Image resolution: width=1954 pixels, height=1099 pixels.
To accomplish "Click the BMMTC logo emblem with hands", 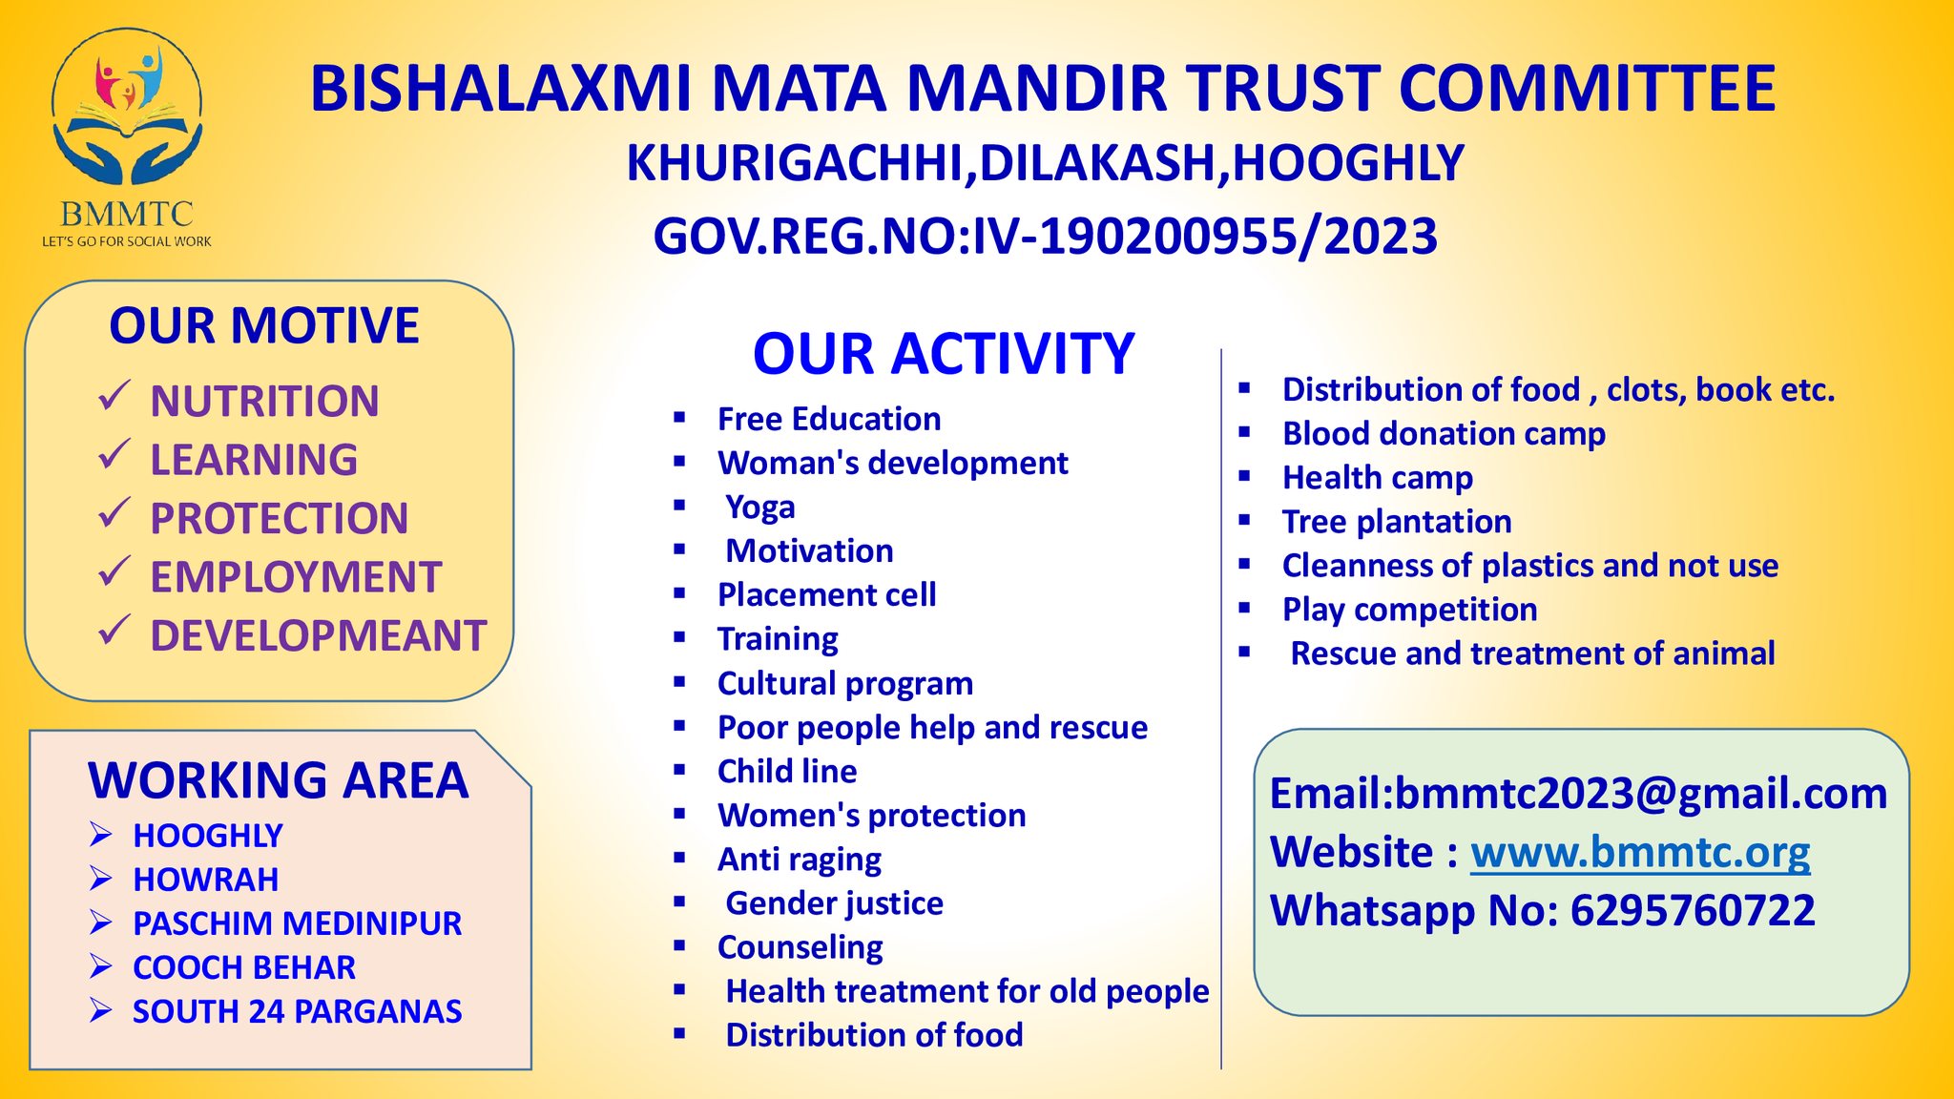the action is [x=127, y=107].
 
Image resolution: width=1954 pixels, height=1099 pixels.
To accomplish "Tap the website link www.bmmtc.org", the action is [x=1640, y=852].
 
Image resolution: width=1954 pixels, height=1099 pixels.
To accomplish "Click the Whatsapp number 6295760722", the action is [x=1693, y=910].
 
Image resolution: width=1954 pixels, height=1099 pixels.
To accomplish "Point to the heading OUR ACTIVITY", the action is [x=944, y=354].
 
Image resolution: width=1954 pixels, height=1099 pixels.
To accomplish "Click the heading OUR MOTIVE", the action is [x=264, y=325].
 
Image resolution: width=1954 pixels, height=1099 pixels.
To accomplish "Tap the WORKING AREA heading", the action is [x=279, y=780].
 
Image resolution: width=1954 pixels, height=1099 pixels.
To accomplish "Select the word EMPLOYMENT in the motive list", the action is [x=296, y=577].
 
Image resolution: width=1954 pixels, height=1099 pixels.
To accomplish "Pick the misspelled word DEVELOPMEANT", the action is [x=319, y=636].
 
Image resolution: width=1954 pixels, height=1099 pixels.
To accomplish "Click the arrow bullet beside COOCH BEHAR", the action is [x=101, y=966].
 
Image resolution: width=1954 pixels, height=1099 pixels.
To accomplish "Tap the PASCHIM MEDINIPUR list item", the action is [x=298, y=923].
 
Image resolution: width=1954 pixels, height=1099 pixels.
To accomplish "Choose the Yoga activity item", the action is [x=760, y=508].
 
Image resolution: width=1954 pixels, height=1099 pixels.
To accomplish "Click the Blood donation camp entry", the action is [x=1444, y=434].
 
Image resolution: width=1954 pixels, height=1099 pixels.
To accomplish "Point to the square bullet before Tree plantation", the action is [x=1244, y=520].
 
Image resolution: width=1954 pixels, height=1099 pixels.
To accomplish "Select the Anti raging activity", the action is [x=800, y=860].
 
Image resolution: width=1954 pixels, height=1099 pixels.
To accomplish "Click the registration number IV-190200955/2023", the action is [x=1204, y=237].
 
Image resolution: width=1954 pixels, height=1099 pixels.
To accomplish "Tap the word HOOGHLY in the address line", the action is [x=1348, y=163].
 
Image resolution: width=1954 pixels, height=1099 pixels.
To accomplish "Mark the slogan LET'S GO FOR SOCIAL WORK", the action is [x=127, y=241].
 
